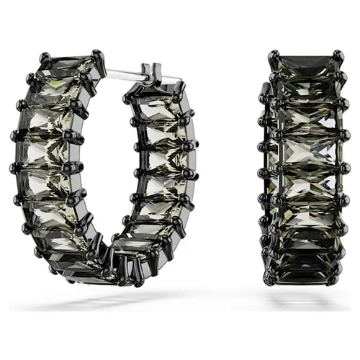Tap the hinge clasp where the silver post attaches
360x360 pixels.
pyautogui.click(x=151, y=73)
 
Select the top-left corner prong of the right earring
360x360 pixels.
pyautogui.click(x=274, y=55)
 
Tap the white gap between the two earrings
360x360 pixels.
pyautogui.click(x=230, y=166)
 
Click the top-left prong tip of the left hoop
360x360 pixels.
pyautogui.click(x=45, y=55)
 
